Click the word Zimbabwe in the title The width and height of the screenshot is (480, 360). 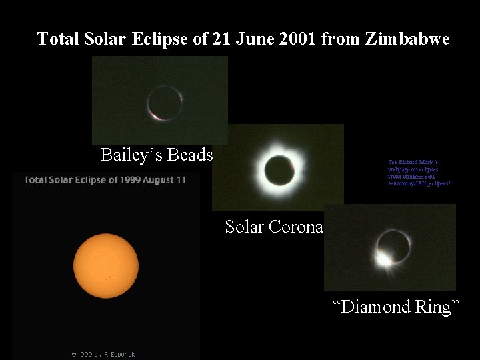coord(407,39)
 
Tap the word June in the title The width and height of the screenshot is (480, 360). coord(248,39)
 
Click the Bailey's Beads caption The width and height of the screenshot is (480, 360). coord(157,155)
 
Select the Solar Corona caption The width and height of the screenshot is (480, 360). coord(274,227)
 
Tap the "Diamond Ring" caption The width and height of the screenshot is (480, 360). coord(396,307)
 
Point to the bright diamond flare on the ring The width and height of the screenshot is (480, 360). coord(384,258)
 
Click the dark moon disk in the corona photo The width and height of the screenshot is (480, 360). coord(277,167)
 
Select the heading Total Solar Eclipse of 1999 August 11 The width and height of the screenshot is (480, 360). coord(105,179)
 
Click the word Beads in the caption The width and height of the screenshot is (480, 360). coord(190,155)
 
